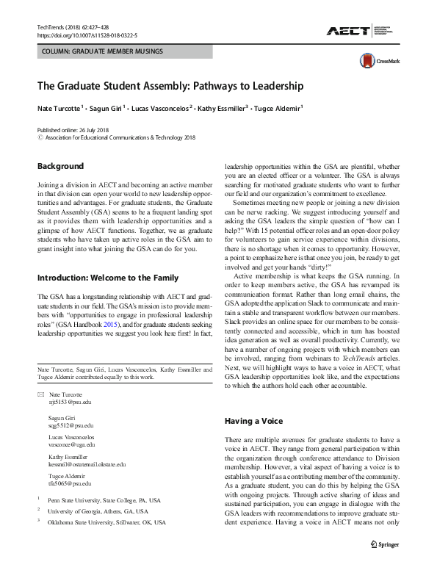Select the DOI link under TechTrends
coord(86,35)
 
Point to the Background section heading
coord(60,166)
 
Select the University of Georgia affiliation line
coord(98,510)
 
